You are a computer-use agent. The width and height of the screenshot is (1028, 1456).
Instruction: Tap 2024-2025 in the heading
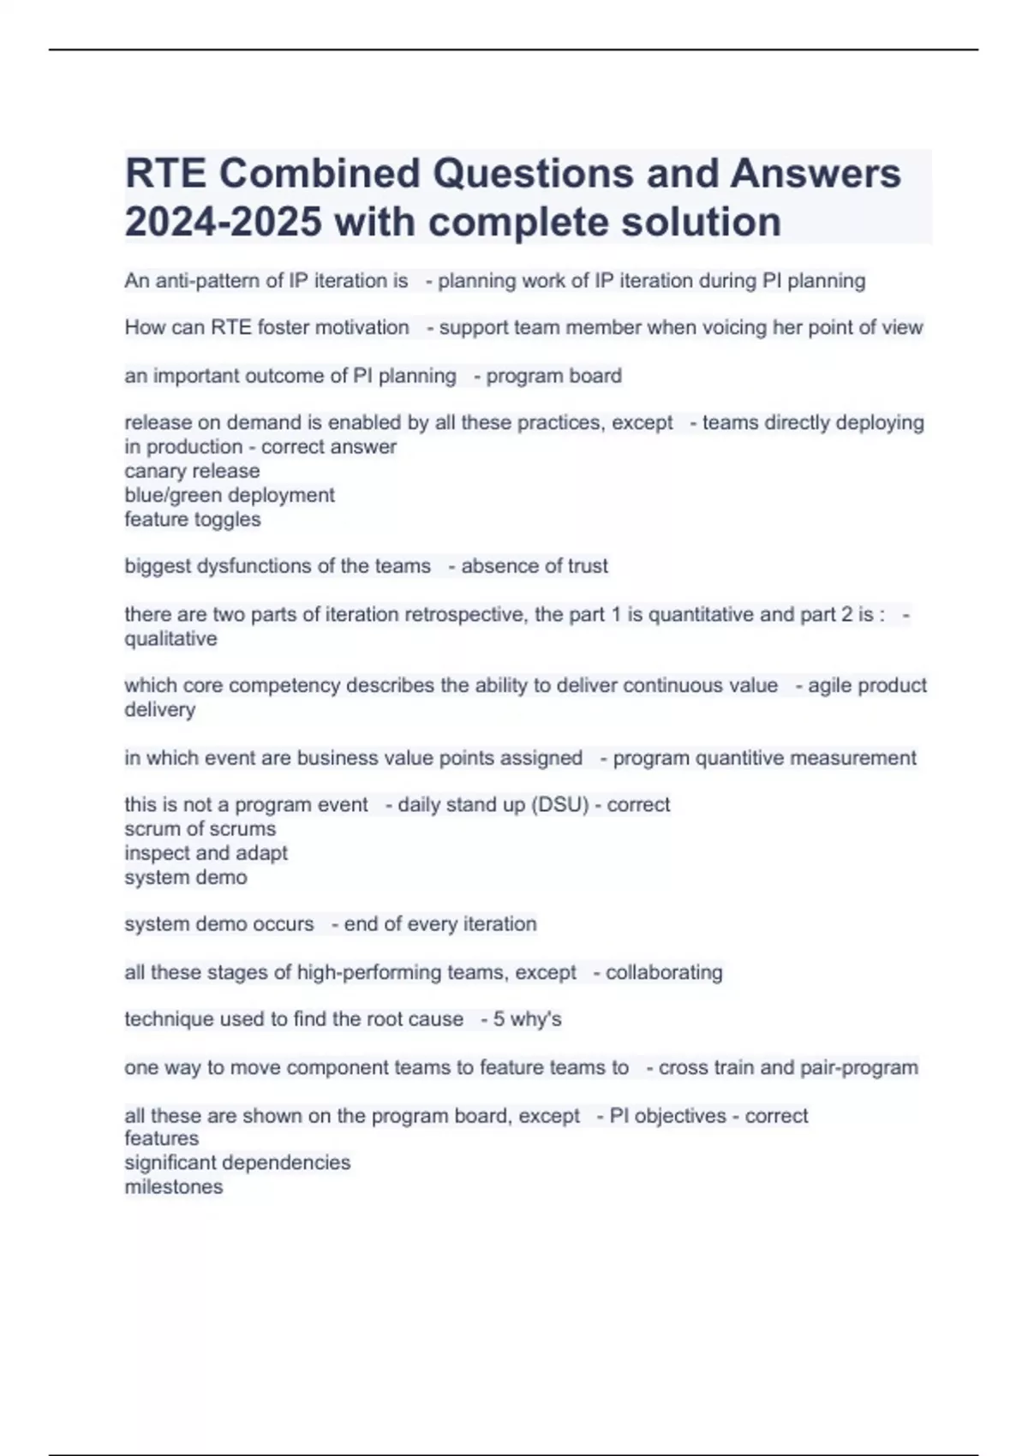[223, 222]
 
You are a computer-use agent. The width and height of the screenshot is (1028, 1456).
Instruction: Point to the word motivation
[363, 327]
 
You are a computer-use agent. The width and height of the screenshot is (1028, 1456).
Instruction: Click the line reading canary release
[192, 471]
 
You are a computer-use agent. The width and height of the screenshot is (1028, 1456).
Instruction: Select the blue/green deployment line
[230, 495]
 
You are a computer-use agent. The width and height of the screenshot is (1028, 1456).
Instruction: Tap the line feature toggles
[193, 519]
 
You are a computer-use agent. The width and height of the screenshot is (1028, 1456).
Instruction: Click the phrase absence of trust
[535, 566]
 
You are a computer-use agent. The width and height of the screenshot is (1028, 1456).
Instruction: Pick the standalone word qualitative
[170, 639]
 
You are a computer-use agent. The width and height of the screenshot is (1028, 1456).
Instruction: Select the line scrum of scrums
[200, 829]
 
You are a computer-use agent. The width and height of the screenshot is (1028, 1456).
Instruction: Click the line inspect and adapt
[206, 853]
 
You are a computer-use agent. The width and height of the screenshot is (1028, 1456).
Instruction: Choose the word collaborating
[664, 973]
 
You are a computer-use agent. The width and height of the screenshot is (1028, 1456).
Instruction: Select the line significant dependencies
[237, 1162]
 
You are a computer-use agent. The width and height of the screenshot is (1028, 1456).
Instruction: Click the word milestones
[174, 1187]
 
